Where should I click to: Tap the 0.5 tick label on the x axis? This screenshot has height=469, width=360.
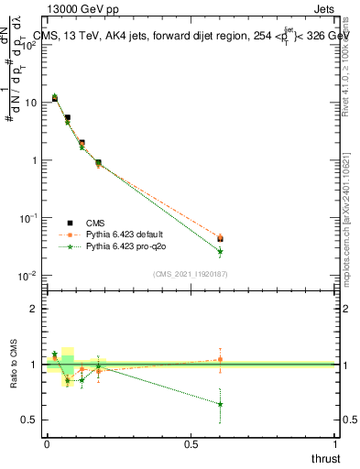[x=191, y=445]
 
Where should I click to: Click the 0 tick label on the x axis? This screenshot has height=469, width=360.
[x=47, y=445]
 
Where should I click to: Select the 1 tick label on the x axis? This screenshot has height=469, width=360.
[x=335, y=445]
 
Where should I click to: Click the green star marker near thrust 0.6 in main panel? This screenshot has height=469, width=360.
[x=220, y=251]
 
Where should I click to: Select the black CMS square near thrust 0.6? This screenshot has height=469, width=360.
[x=220, y=239]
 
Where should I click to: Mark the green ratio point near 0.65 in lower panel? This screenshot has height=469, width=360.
[x=220, y=404]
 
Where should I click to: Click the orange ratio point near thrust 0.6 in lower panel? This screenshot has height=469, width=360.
[x=220, y=359]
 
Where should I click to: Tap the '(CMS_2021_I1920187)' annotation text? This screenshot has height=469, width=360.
[x=190, y=274]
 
